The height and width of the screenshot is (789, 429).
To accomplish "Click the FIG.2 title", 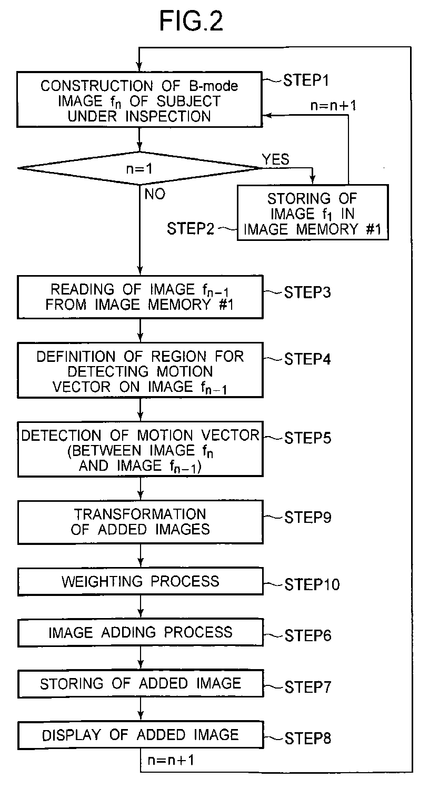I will [192, 23].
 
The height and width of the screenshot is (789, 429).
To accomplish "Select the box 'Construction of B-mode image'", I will [139, 100].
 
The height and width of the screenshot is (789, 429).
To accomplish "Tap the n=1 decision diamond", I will [139, 168].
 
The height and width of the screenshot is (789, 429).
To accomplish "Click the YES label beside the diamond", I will [275, 159].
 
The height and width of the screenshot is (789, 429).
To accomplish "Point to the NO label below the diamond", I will [154, 195].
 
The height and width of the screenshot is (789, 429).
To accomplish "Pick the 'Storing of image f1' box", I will [313, 213].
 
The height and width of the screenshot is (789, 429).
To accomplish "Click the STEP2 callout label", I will [191, 229].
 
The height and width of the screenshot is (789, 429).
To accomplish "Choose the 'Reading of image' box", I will [139, 297].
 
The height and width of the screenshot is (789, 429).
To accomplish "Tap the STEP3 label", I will [307, 292].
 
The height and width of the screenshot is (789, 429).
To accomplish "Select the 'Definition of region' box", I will [139, 371].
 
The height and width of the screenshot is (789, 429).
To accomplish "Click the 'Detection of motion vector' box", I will [139, 451].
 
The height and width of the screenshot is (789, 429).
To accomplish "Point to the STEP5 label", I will [307, 438].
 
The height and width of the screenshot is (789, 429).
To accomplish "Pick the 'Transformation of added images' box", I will [139, 522].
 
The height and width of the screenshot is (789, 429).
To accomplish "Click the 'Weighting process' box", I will [139, 581].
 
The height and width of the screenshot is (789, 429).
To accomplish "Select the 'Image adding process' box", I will [139, 632].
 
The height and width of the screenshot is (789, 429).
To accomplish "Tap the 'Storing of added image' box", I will [139, 683].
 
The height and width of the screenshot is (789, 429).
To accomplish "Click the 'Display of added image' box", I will [139, 734].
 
